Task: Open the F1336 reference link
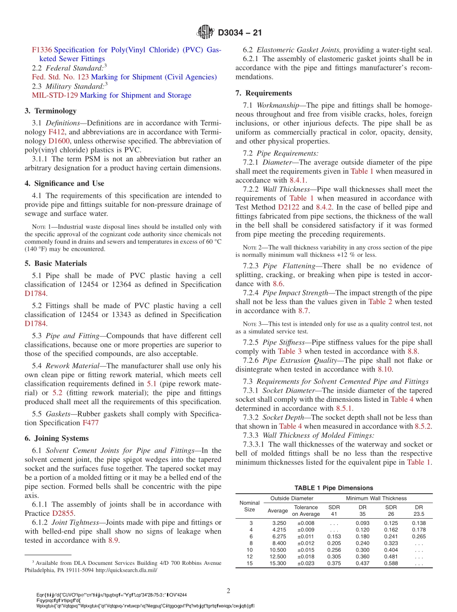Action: click(41, 50)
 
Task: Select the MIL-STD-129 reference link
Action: click(51, 95)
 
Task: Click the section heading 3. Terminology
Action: click(51, 111)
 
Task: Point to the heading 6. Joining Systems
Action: click(57, 438)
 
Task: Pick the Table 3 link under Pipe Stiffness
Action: click(290, 351)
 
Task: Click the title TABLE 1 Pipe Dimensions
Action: click(333, 488)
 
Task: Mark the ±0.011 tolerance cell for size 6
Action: click(306, 536)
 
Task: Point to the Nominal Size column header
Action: click(249, 506)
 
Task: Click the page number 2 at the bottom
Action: click(228, 590)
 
